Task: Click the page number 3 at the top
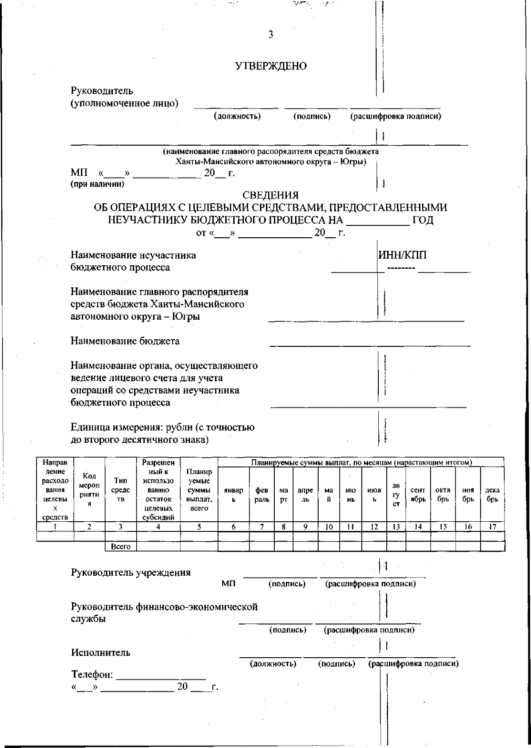(270, 35)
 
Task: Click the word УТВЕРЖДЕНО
(271, 66)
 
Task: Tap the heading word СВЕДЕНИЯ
(270, 195)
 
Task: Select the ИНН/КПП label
(402, 256)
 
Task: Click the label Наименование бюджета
(125, 341)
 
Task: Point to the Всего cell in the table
(120, 547)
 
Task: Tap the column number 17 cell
(492, 527)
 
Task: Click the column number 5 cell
(199, 527)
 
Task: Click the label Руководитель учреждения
(131, 573)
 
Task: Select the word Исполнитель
(101, 652)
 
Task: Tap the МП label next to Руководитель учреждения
(228, 584)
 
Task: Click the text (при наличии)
(98, 184)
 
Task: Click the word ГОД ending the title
(423, 220)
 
